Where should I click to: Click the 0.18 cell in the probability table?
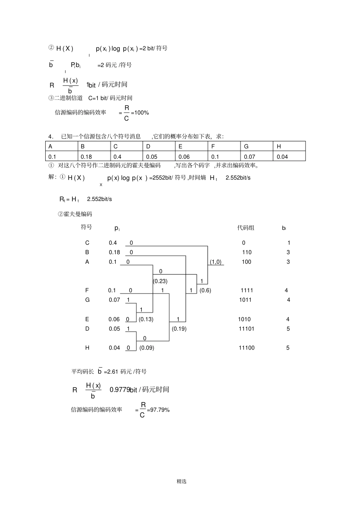94,156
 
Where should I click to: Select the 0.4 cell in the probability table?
126,156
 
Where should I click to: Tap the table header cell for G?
257,146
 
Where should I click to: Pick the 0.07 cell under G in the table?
257,156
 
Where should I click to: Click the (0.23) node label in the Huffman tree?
160,281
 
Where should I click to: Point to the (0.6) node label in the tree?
205,290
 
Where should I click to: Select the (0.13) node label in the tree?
146,319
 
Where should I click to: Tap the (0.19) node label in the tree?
179,329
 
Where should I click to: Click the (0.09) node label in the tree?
147,348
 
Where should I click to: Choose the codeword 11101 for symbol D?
246,329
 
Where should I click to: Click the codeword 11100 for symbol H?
247,348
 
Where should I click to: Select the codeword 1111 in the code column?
247,290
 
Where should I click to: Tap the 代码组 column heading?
246,227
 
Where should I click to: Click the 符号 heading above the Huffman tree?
86,227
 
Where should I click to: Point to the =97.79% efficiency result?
158,410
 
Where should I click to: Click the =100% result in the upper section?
140,113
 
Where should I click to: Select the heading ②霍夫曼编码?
75,214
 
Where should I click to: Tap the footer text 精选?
182,481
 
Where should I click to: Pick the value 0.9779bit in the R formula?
123,389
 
